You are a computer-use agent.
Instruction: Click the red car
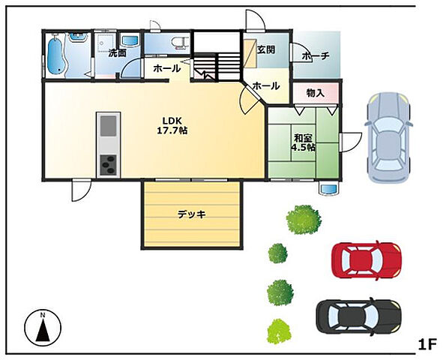coord(367,260)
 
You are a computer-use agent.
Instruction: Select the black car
coord(358,316)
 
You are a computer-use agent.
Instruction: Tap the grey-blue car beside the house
coord(388,136)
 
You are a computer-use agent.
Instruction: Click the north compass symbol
coord(43,327)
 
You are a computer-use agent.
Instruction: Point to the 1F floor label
coord(427,344)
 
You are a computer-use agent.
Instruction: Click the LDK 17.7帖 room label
coord(172,125)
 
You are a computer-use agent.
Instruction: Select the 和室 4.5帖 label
coord(303,143)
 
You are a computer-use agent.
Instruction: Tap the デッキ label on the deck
coord(191,214)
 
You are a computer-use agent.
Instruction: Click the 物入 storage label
coord(316,93)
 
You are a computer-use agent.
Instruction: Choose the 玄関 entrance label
coord(266,50)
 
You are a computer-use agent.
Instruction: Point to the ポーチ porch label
coord(316,56)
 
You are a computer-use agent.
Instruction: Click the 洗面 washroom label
coord(117,53)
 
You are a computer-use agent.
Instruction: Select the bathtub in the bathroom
coord(56,55)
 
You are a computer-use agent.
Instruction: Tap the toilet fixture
coord(179,43)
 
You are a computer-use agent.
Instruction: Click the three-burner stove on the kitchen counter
coord(108,165)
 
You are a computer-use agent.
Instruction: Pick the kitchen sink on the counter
coord(108,125)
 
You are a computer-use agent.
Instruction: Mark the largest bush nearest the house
coord(304,220)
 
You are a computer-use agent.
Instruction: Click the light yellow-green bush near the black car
coord(279,331)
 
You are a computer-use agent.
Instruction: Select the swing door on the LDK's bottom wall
coord(81,190)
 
